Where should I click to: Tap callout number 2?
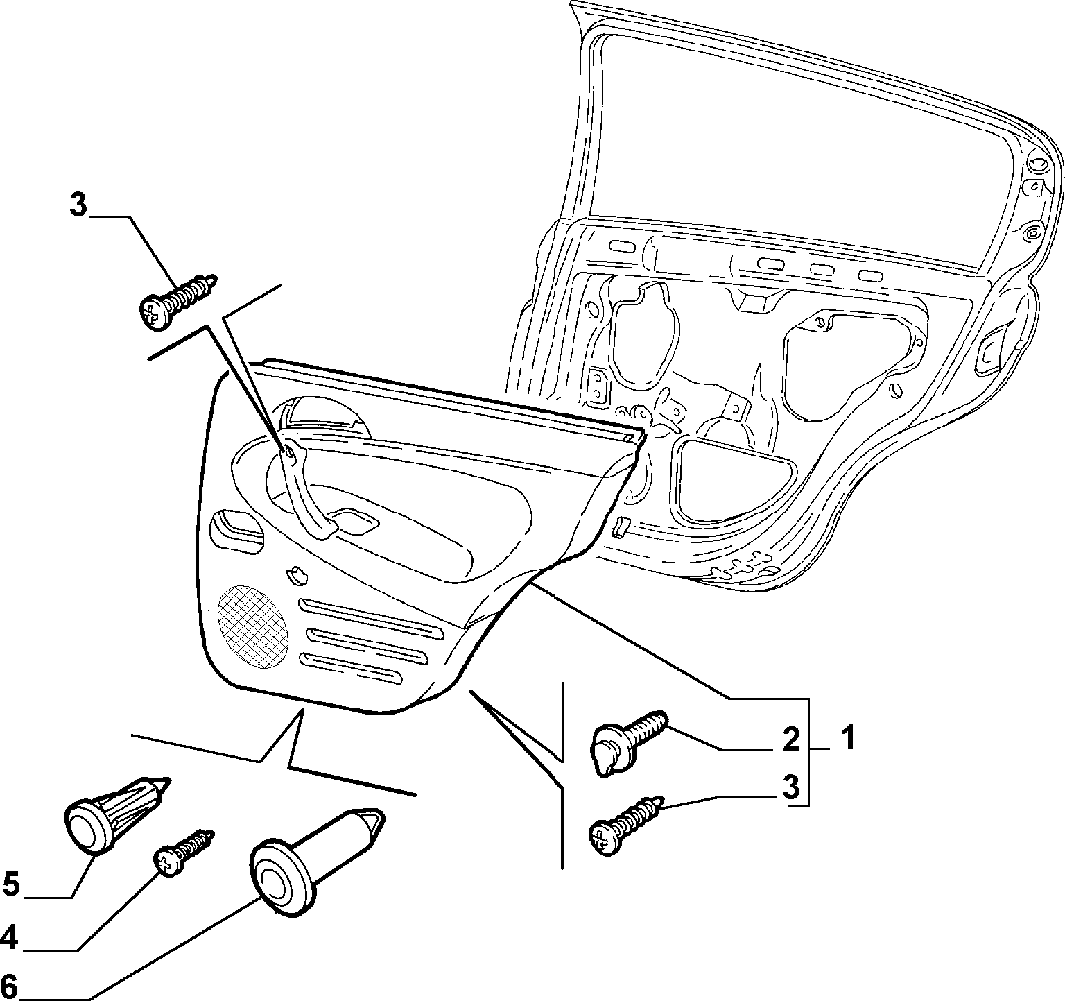[x=790, y=739]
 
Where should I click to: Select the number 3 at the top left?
[x=78, y=206]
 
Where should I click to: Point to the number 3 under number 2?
[x=791, y=788]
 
